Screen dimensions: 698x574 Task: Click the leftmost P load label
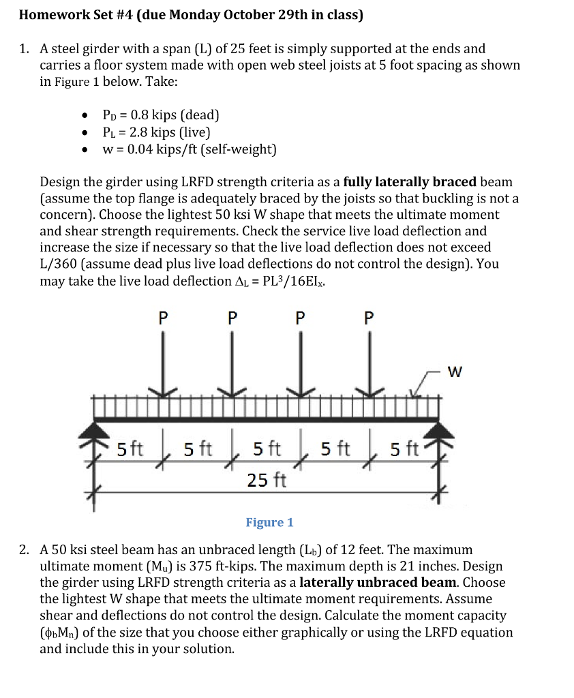(162, 318)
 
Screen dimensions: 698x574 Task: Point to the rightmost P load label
(369, 318)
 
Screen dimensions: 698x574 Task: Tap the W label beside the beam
(455, 372)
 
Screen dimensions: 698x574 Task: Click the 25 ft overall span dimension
(267, 480)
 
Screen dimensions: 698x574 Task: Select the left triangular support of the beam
(95, 430)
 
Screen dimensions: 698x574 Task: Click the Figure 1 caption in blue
(269, 523)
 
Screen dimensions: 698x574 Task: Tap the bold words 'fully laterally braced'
(410, 182)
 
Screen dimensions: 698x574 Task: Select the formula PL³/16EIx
(287, 281)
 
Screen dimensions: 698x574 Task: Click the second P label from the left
(232, 318)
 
